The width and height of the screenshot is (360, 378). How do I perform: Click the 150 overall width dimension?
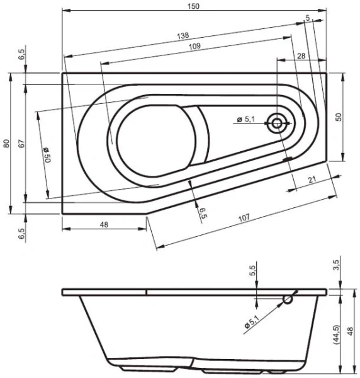tap(194, 6)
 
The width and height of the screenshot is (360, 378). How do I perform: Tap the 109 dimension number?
tap(194, 47)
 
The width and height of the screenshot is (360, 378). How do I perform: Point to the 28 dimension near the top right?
tap(300, 57)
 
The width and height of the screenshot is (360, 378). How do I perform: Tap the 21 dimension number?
tap(311, 180)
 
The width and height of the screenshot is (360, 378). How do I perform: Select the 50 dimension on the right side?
tap(338, 117)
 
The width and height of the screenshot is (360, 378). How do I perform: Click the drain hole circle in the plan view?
tap(275, 123)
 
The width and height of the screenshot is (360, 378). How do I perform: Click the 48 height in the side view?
tap(350, 331)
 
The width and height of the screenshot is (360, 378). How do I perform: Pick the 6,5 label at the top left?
tap(22, 55)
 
